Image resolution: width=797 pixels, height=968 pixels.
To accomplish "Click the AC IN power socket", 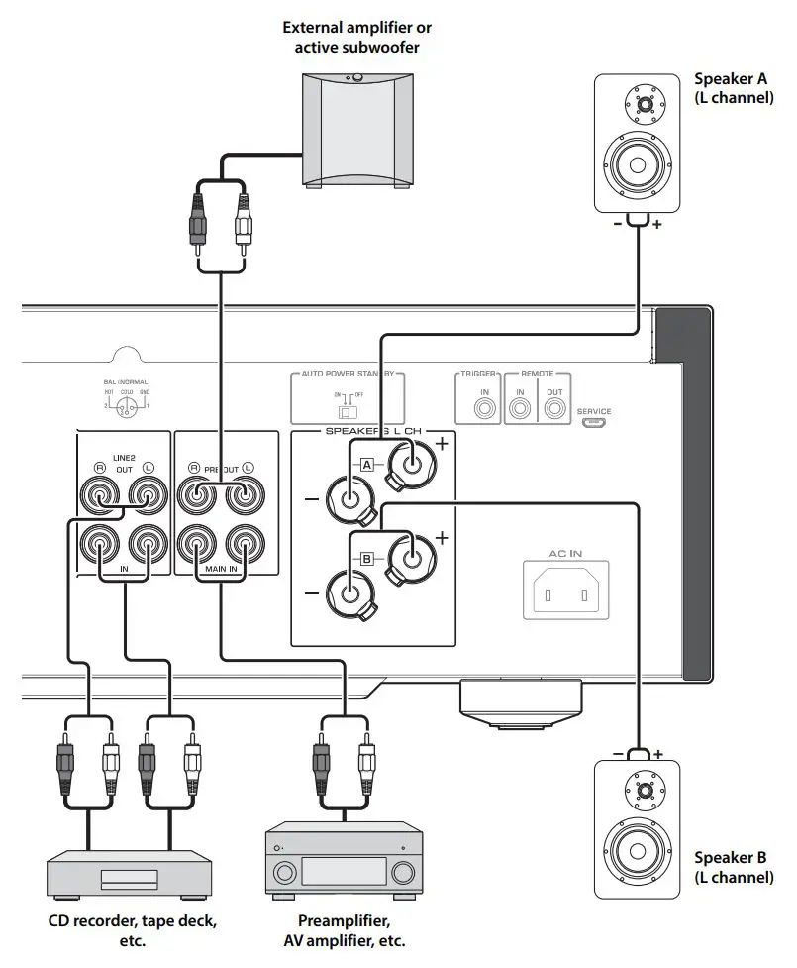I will coord(569,593).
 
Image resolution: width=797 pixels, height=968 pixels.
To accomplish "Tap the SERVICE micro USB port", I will coord(594,424).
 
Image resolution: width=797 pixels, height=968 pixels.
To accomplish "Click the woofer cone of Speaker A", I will coord(637,164).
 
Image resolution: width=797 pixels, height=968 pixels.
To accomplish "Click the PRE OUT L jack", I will coord(243,493).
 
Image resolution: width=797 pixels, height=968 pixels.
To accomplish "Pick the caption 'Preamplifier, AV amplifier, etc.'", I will coord(345,930).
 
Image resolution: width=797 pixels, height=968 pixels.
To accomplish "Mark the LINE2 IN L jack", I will coord(148,544).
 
